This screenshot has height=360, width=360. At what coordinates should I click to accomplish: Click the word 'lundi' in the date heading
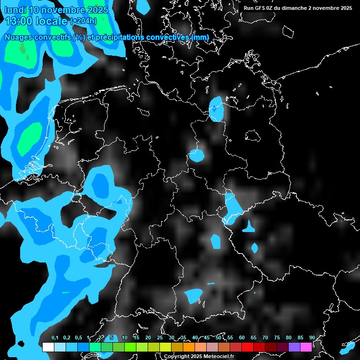(x=15, y=10)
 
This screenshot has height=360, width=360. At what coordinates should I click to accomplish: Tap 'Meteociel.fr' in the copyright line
(x=218, y=357)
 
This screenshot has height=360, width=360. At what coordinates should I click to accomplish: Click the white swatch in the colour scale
(x=48, y=347)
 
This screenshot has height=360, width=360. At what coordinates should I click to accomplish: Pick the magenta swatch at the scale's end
(x=306, y=347)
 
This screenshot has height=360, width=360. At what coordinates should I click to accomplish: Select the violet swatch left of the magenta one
(x=294, y=347)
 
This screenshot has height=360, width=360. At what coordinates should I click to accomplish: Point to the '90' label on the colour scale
(x=312, y=338)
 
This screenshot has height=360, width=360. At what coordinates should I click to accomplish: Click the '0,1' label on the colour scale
(x=55, y=338)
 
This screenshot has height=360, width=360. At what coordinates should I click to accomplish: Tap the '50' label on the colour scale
(x=218, y=338)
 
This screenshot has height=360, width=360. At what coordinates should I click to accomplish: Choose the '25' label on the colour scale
(x=160, y=338)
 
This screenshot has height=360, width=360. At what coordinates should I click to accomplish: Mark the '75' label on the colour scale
(x=277, y=338)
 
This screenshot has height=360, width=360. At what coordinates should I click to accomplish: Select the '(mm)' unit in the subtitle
(x=200, y=37)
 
